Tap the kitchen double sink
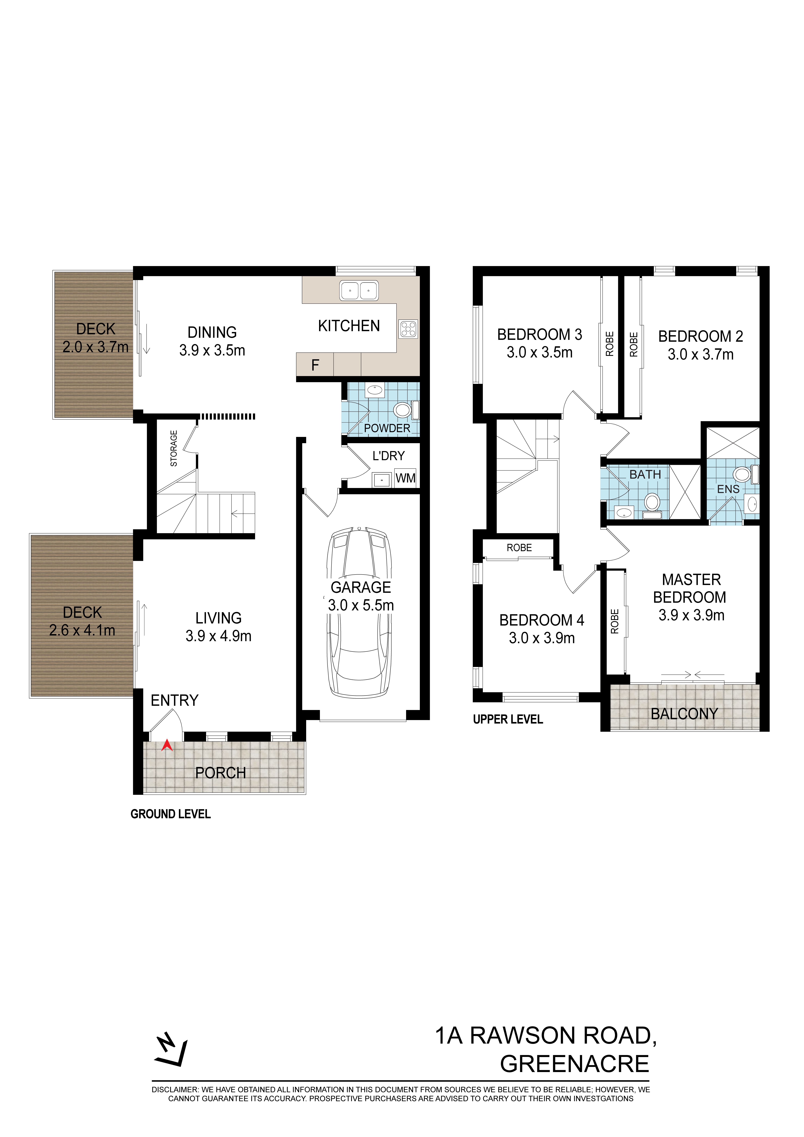tap(359, 291)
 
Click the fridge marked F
tap(315, 365)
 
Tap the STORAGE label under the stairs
tap(174, 448)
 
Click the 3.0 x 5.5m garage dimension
tap(361, 605)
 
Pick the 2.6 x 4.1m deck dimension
tap(82, 630)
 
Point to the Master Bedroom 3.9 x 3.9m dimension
tap(692, 615)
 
